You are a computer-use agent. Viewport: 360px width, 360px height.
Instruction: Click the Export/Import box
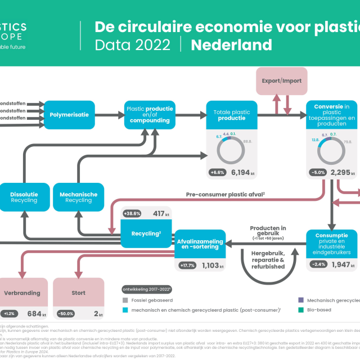(281, 80)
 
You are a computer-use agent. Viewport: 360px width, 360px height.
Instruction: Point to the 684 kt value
(36, 313)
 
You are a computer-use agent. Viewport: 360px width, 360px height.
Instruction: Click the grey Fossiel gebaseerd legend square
(125, 300)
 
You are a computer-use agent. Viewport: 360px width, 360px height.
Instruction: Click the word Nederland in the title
(231, 44)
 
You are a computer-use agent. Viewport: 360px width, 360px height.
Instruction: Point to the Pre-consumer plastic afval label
(225, 194)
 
